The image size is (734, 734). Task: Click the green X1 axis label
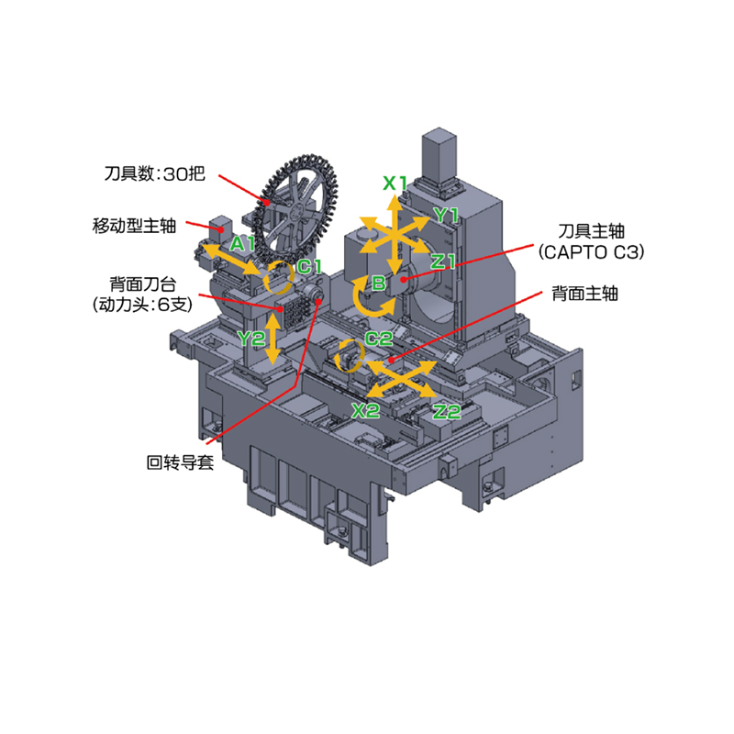click(395, 183)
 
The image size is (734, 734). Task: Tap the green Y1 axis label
click(446, 215)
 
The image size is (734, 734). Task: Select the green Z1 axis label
click(443, 261)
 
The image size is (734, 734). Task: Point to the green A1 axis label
click(242, 243)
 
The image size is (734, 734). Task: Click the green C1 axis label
click(309, 266)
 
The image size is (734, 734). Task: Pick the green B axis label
click(378, 283)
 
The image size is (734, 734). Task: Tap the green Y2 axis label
click(251, 338)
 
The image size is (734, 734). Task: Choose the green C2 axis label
click(378, 338)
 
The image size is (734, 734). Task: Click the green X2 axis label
click(365, 411)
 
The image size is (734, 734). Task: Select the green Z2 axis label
click(447, 412)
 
